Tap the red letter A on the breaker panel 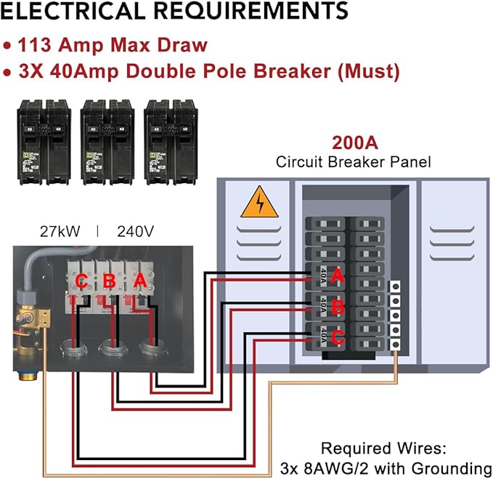point(336,276)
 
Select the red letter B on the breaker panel point(337,307)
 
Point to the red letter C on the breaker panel point(338,337)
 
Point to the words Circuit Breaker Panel point(353,161)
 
